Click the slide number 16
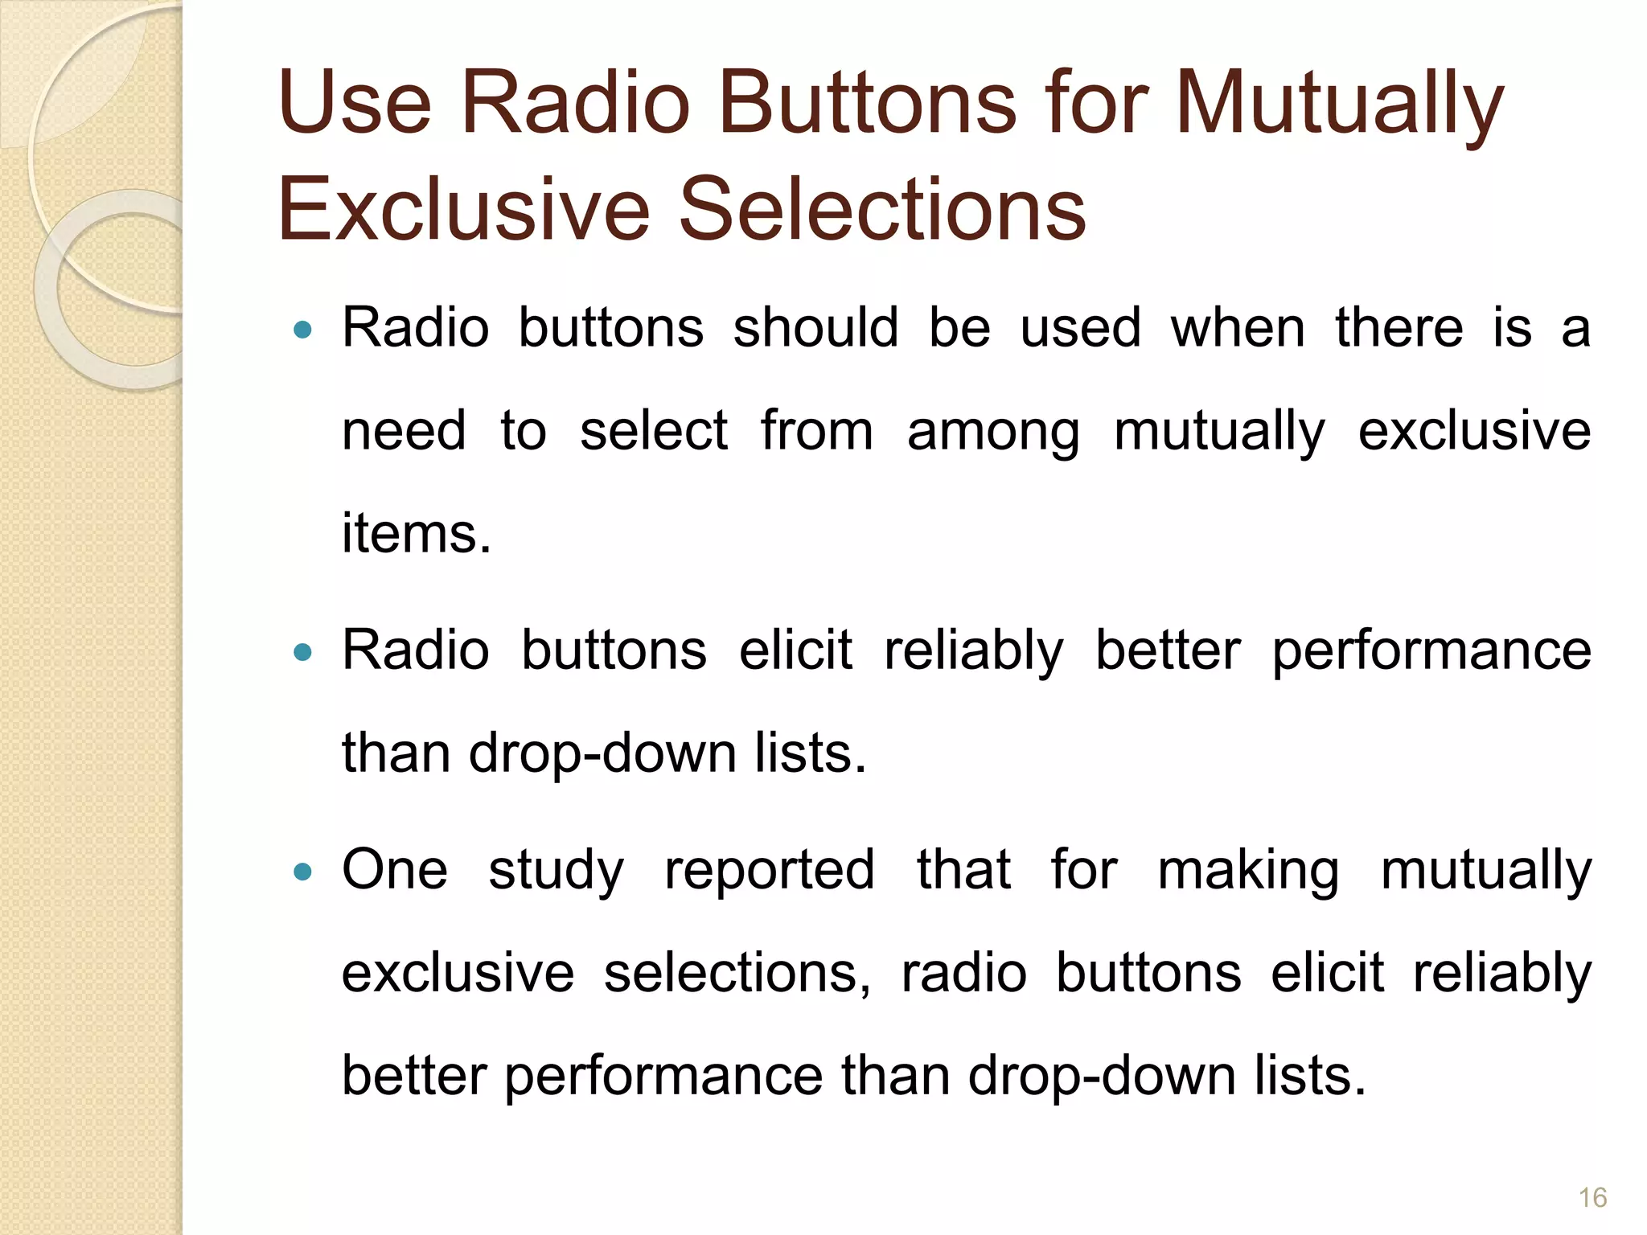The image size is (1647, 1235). coord(1592,1197)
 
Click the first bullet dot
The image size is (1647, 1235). coord(302,329)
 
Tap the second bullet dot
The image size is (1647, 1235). coord(302,651)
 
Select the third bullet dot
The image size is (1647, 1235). coord(302,871)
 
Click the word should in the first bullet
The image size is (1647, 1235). coord(815,328)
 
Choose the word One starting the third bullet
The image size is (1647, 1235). coord(394,869)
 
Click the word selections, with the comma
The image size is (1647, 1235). coord(737,973)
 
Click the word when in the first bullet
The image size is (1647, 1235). coord(1238,328)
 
